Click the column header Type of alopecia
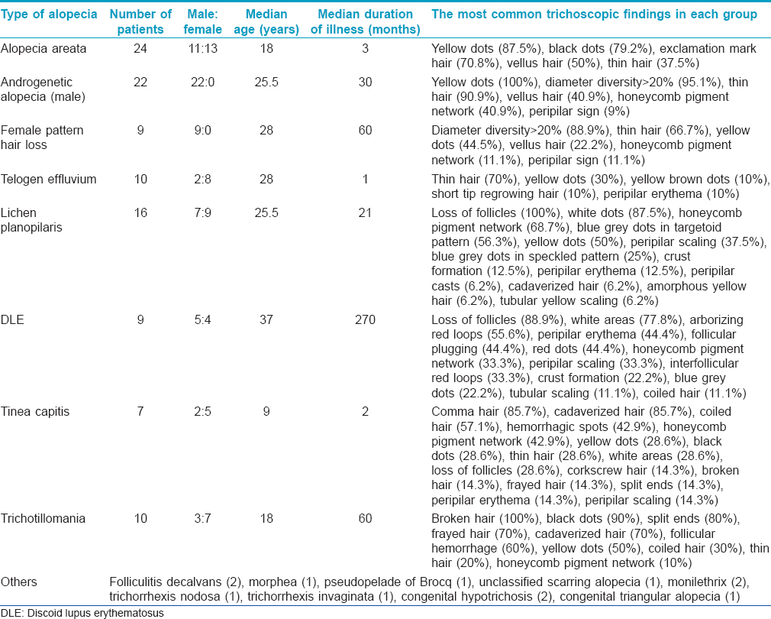[49, 15]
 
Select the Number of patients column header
[140, 21]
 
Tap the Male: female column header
[202, 21]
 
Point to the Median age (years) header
[266, 21]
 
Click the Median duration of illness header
[366, 21]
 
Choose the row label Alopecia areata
[44, 49]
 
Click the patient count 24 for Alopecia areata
[140, 49]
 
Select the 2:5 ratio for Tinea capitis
[202, 411]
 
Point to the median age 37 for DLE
[266, 320]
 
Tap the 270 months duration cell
[366, 320]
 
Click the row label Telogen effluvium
[48, 179]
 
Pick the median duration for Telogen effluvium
[366, 179]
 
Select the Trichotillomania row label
[43, 519]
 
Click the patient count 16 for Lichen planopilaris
[140, 213]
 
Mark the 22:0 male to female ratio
[202, 83]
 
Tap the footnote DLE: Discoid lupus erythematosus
[82, 613]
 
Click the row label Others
[18, 582]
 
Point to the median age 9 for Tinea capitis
[266, 411]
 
